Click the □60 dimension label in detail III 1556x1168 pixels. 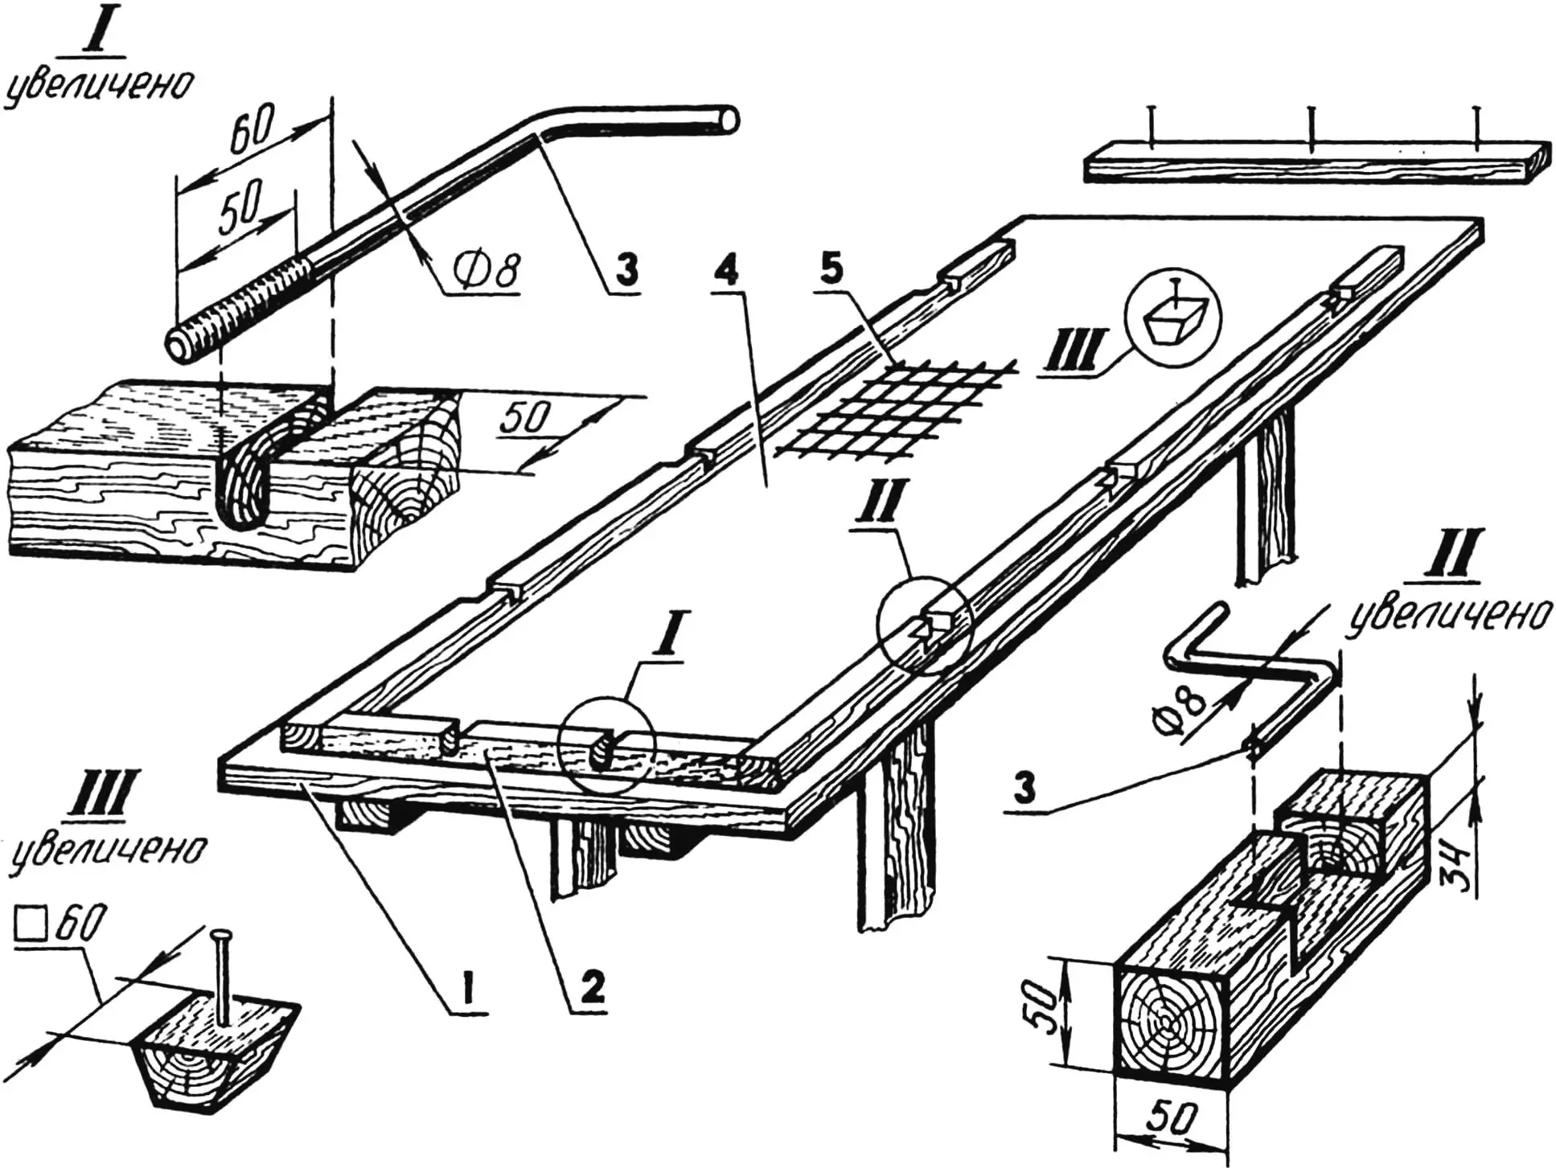[x=60, y=928]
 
